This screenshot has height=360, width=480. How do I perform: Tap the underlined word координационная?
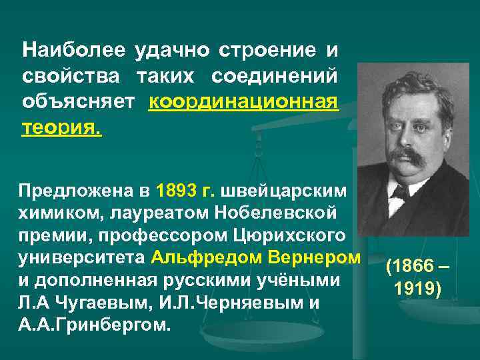[x=244, y=102]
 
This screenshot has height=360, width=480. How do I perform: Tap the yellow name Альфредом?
[x=195, y=257]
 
